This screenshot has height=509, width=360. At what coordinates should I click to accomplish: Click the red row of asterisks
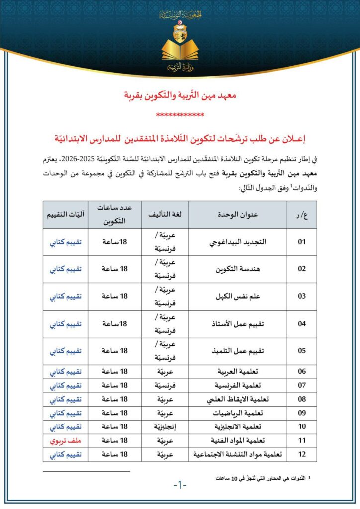click(x=180, y=115)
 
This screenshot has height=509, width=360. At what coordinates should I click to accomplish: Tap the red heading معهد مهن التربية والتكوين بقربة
click(x=180, y=94)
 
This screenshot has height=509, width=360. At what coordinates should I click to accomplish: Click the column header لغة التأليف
click(x=165, y=214)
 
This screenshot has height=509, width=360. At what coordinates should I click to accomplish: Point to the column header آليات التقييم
click(x=65, y=214)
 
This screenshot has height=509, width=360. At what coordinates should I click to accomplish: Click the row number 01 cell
click(x=301, y=242)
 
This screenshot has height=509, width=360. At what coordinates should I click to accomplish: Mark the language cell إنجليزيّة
click(x=165, y=426)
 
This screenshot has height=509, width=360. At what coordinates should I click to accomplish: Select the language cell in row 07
click(x=165, y=385)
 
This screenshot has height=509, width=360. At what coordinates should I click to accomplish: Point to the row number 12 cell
click(x=301, y=454)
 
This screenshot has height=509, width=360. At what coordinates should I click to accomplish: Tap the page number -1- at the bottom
click(x=180, y=484)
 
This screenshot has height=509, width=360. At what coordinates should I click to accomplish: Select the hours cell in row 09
click(x=115, y=413)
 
